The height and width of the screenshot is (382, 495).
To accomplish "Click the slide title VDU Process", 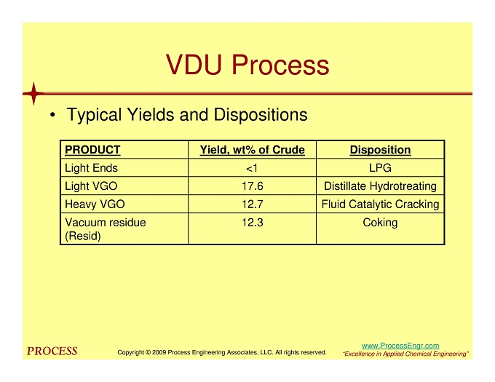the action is (247, 65).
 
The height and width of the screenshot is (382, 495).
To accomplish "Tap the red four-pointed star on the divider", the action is (33, 93).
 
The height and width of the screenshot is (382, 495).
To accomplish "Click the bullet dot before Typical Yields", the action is (52, 115).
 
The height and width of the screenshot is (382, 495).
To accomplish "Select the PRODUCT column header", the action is (92, 149).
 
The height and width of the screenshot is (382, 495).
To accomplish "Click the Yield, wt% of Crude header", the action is (253, 149).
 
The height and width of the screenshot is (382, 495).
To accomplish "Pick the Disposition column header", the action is (380, 149).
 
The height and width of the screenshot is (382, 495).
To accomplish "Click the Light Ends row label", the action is (91, 168).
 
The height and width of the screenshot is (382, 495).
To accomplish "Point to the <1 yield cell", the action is (252, 168).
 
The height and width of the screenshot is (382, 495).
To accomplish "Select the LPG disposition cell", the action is (380, 168).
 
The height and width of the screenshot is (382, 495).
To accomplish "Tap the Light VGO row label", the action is (91, 186).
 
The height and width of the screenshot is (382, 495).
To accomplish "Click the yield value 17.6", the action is (253, 186).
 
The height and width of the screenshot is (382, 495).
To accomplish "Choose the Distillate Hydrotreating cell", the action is (380, 186).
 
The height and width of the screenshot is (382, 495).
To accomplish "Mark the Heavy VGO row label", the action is (95, 204).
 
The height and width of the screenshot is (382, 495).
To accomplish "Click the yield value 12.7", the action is (253, 204).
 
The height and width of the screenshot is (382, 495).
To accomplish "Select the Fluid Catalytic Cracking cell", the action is (380, 204).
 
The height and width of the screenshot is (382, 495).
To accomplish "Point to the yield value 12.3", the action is (253, 223).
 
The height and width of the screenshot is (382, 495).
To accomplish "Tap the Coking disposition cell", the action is (380, 223).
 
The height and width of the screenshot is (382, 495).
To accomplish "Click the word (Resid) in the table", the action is (83, 236).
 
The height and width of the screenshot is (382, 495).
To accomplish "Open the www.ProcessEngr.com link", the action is (400, 346).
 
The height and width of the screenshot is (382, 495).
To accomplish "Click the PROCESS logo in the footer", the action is (52, 351).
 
